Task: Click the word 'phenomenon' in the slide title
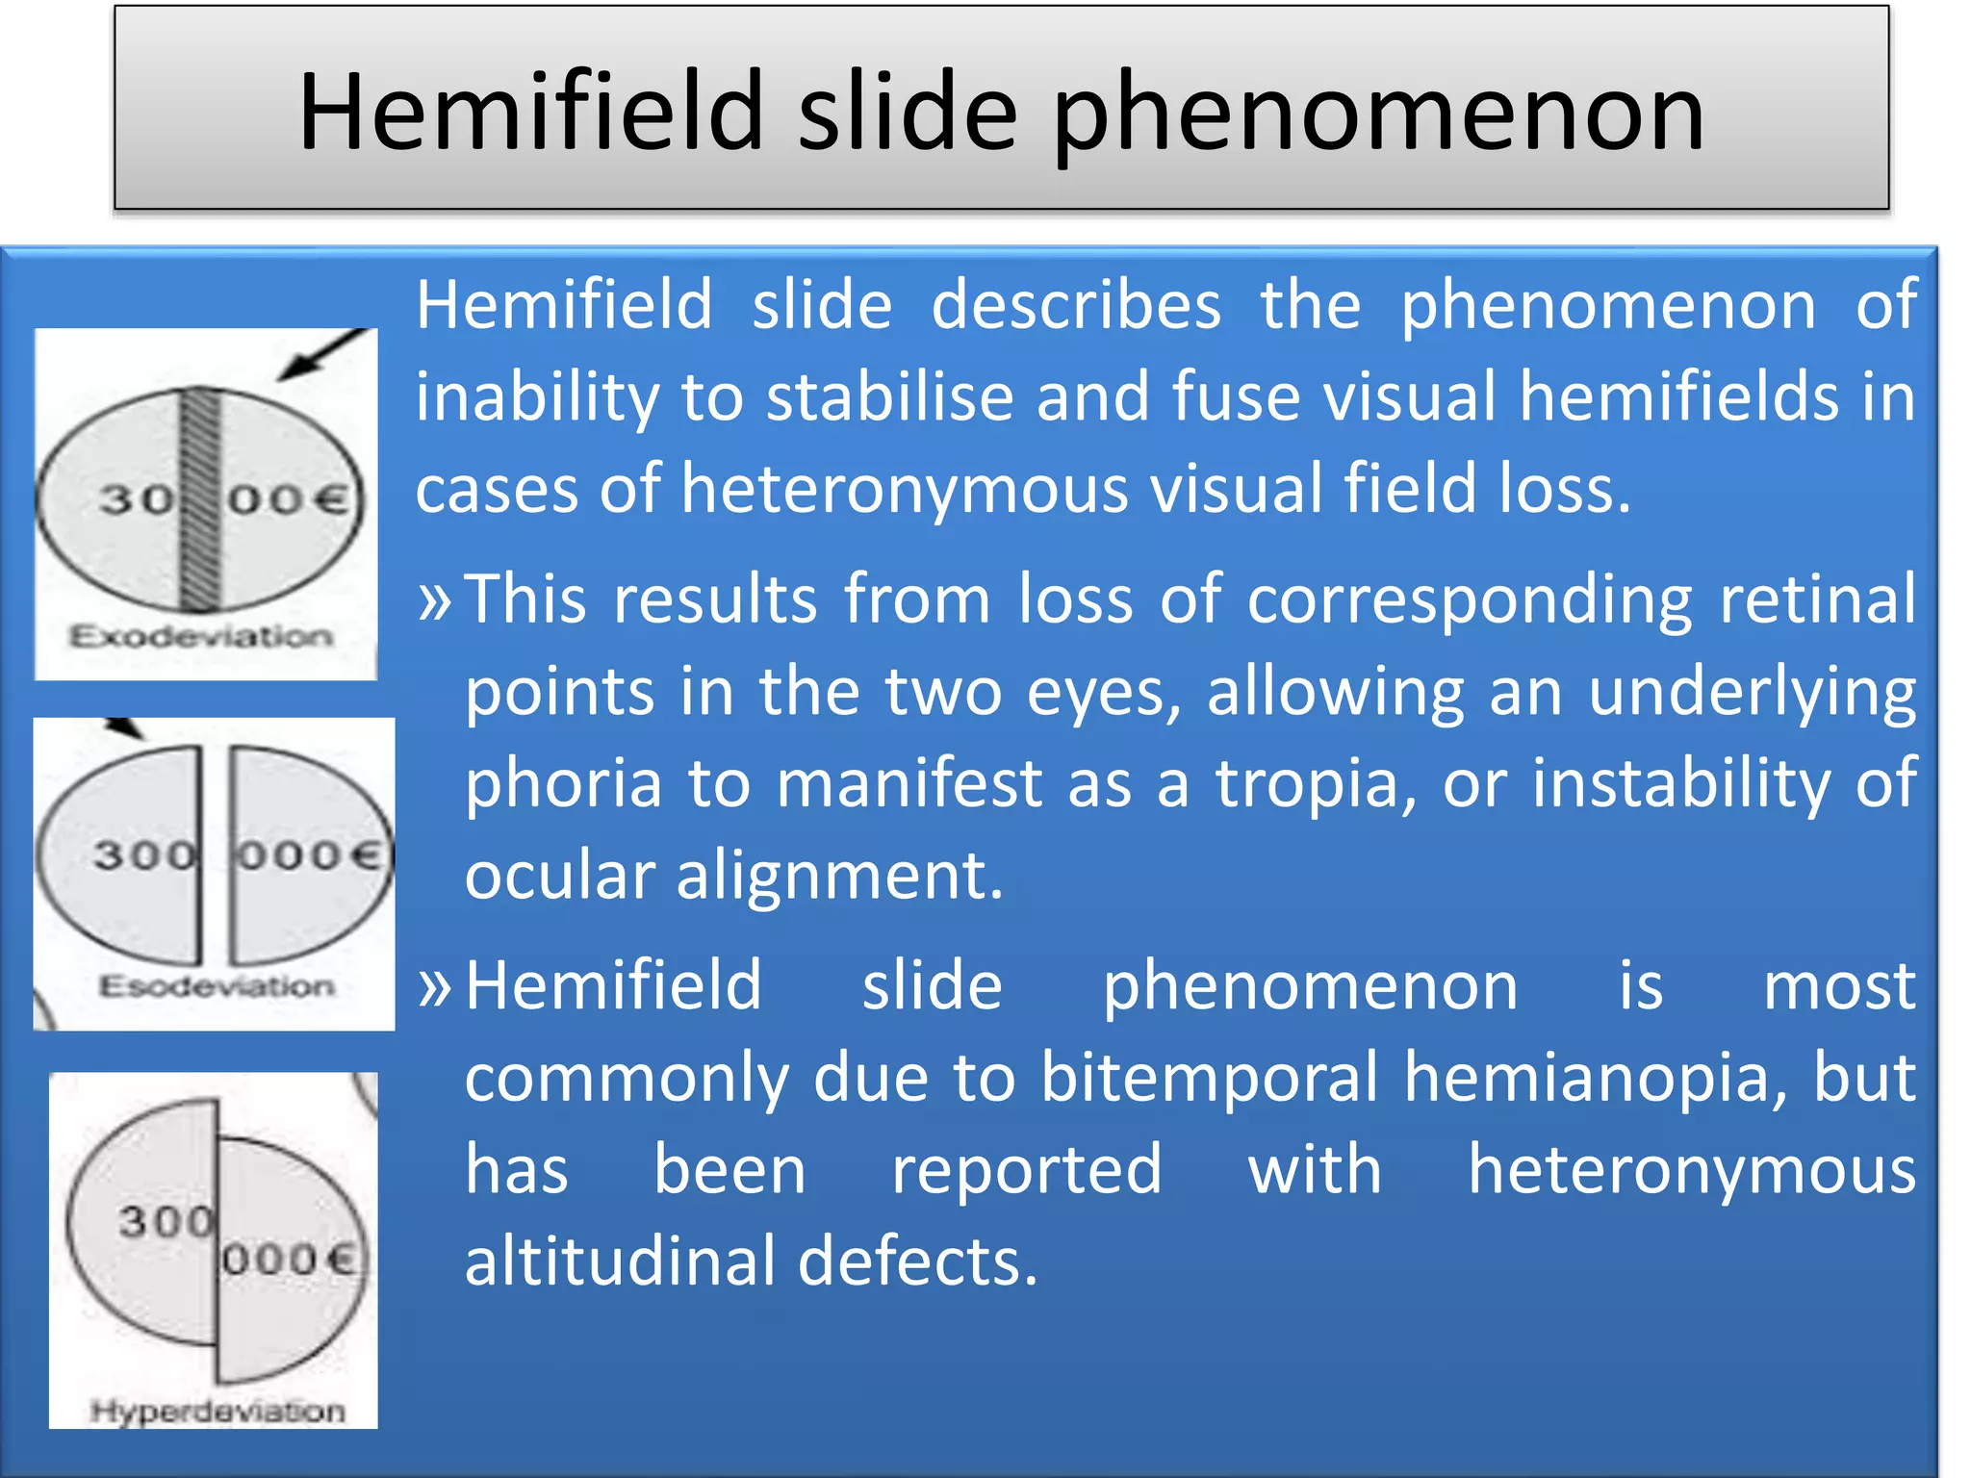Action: tap(1378, 114)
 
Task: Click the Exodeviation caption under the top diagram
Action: tap(201, 636)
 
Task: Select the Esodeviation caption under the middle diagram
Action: tap(217, 986)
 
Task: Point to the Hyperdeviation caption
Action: tap(218, 1412)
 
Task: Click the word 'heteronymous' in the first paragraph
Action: tap(905, 489)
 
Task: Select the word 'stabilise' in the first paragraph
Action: tap(890, 396)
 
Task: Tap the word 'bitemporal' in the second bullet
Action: tap(1209, 1077)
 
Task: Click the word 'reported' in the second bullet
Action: tap(1026, 1170)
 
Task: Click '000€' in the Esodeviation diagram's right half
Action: tap(309, 854)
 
